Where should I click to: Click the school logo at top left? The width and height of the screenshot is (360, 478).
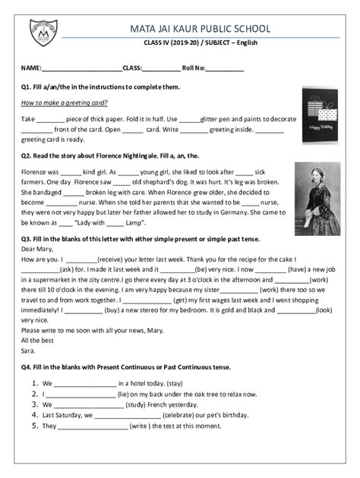[43, 33]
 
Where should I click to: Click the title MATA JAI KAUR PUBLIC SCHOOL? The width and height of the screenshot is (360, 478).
[200, 28]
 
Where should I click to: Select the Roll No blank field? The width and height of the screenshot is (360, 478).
[224, 68]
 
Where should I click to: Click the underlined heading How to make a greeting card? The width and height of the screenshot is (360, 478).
[65, 102]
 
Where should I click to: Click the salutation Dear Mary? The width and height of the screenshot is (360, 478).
[39, 248]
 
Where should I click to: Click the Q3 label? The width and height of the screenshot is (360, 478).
[27, 237]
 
